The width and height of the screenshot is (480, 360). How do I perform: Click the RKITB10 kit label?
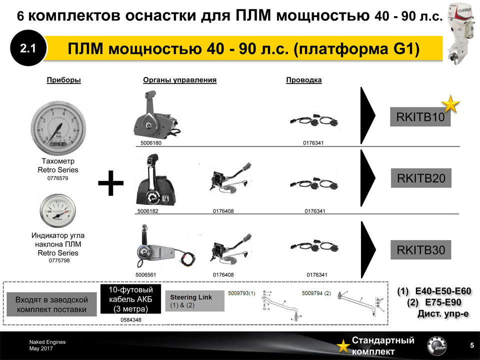coord(420,117)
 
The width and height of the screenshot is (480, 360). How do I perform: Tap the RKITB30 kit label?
coord(420,250)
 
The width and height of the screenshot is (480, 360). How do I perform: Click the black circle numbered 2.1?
coord(27,49)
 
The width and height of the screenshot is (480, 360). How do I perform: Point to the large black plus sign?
coord(110,184)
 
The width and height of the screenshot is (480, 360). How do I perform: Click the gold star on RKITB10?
coord(450,104)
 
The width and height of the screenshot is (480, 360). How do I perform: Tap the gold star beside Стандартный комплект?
coord(342,346)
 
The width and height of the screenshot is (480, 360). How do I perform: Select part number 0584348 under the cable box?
coord(131,319)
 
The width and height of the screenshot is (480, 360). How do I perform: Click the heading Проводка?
coord(303,80)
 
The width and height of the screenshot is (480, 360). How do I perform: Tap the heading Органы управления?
coord(179,80)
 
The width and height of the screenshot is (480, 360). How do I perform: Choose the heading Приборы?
coord(63,80)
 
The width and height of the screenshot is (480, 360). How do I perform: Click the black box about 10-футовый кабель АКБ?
coord(131,299)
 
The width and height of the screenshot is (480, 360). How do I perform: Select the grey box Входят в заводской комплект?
coord(52,304)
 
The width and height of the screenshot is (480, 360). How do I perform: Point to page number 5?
coord(472,345)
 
